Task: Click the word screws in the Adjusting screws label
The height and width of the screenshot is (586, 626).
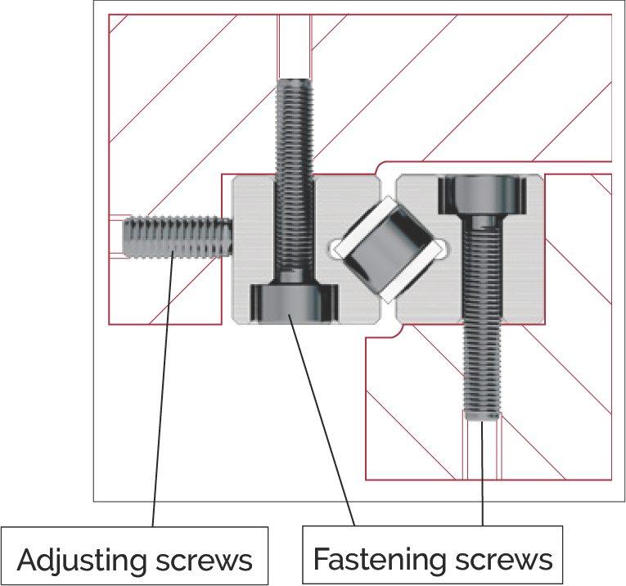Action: pyautogui.click(x=204, y=560)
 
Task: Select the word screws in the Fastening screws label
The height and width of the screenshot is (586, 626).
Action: pyautogui.click(x=503, y=559)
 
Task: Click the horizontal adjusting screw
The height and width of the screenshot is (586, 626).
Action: pyautogui.click(x=178, y=237)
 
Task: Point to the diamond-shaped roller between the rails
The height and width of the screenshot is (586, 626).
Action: pyautogui.click(x=388, y=249)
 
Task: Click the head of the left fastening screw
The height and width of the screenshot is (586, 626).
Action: pyautogui.click(x=295, y=303)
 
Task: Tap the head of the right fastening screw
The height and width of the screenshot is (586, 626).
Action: pyautogui.click(x=482, y=195)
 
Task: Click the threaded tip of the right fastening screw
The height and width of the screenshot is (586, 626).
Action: pyautogui.click(x=481, y=415)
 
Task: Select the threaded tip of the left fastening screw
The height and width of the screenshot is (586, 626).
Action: pyautogui.click(x=295, y=84)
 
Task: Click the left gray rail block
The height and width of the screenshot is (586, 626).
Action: pyautogui.click(x=306, y=249)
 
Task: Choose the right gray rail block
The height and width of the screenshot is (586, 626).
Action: pyautogui.click(x=471, y=249)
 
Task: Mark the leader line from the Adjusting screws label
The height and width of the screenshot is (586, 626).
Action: pyautogui.click(x=163, y=389)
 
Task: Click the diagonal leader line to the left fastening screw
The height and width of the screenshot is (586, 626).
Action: pyautogui.click(x=322, y=420)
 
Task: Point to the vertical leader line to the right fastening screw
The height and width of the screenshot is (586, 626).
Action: pyautogui.click(x=482, y=473)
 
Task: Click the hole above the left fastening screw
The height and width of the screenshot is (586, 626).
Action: pyautogui.click(x=295, y=47)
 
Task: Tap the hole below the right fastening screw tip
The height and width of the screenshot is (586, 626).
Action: pyautogui.click(x=482, y=450)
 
